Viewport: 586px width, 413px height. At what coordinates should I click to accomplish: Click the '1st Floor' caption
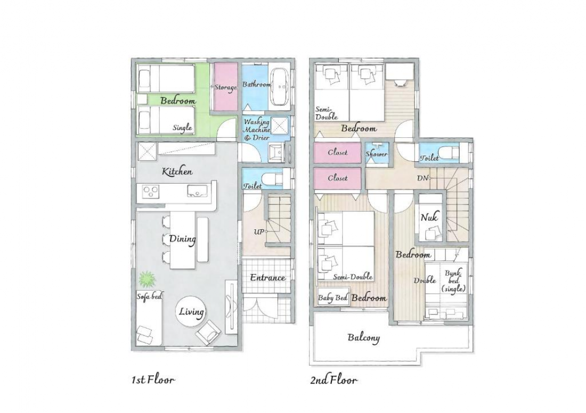click(x=153, y=380)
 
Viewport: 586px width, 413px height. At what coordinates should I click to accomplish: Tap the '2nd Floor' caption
click(x=333, y=380)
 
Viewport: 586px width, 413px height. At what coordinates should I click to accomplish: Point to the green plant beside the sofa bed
click(x=147, y=279)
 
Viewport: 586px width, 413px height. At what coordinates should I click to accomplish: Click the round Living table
click(x=191, y=311)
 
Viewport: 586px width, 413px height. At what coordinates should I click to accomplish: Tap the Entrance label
click(x=268, y=277)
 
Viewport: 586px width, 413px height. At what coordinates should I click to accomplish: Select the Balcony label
click(x=364, y=338)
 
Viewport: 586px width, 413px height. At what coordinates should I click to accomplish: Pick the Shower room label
click(x=377, y=153)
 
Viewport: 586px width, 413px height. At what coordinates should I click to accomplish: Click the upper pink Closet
click(x=337, y=153)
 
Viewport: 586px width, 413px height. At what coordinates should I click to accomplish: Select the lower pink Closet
click(x=337, y=178)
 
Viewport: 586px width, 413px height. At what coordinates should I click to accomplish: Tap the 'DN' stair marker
click(x=422, y=178)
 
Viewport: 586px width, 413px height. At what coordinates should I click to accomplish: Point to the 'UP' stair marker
click(x=258, y=232)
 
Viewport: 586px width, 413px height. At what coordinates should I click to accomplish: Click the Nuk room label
click(x=429, y=217)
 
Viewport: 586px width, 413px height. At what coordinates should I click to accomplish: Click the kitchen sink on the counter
click(x=196, y=191)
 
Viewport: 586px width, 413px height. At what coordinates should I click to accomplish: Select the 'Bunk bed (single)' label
click(x=454, y=280)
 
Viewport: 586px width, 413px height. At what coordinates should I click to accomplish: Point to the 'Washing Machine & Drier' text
click(x=257, y=129)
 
